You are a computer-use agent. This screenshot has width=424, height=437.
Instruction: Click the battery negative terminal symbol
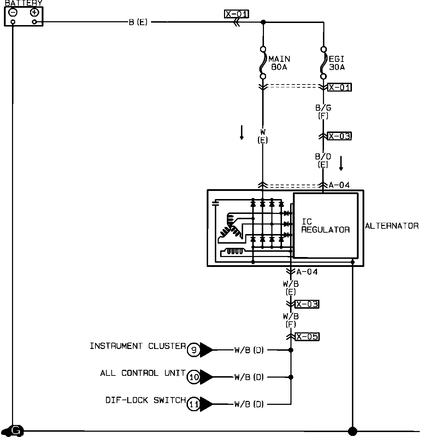(x=13, y=12)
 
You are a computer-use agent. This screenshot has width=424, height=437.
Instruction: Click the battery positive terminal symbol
(x=34, y=12)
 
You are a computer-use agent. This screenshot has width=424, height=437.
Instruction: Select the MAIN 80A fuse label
(x=279, y=63)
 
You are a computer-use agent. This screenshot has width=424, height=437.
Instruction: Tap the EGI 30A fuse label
(x=337, y=63)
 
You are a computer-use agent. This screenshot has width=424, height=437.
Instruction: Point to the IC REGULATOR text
(x=325, y=226)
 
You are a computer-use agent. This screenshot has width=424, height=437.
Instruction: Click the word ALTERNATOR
(x=392, y=226)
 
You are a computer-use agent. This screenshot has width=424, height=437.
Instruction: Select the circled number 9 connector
(x=194, y=350)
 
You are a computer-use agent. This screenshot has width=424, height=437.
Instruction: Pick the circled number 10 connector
(x=194, y=377)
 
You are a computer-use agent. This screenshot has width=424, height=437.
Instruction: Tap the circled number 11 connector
(x=194, y=404)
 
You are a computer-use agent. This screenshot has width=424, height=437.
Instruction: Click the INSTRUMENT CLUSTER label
(x=138, y=346)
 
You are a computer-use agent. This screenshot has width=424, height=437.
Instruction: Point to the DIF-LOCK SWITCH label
(x=146, y=400)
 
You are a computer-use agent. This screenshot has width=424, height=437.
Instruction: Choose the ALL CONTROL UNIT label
(x=143, y=373)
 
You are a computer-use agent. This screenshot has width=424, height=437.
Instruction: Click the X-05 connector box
(x=307, y=337)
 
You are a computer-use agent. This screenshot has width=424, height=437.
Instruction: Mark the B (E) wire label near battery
(x=138, y=22)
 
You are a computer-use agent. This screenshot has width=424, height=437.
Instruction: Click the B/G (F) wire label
(x=323, y=112)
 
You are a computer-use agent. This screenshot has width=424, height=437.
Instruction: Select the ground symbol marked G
(x=15, y=431)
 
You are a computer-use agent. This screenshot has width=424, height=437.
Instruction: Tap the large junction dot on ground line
(x=352, y=431)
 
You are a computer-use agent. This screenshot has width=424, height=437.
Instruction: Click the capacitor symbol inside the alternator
(x=215, y=203)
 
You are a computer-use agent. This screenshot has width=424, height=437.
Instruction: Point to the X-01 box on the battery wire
(x=237, y=14)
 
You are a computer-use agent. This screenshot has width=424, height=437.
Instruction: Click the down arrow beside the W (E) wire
(x=242, y=133)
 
